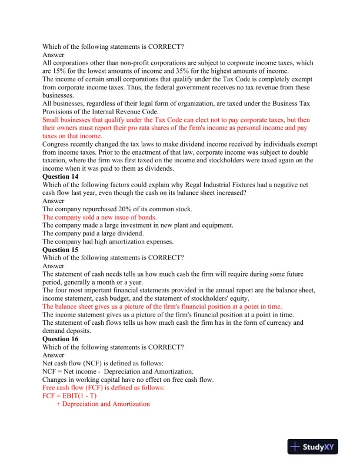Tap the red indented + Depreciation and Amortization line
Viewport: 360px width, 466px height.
tap(103, 404)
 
